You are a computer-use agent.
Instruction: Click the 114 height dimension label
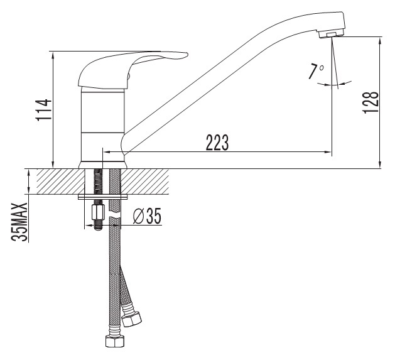coord(44,110)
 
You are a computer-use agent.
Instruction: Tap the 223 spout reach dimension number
coord(217,143)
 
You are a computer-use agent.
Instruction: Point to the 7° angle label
coord(316,72)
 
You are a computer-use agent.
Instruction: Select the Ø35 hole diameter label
coord(147,216)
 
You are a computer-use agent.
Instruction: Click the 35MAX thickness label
coord(19,222)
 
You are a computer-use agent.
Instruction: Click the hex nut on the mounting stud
coord(98,212)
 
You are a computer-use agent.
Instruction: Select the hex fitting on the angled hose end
coord(131,319)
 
